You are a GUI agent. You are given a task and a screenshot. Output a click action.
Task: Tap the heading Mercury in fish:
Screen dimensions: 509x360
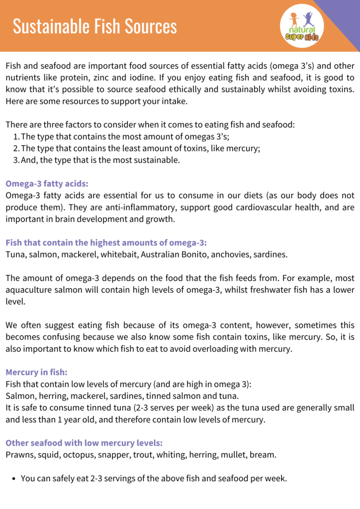[x=37, y=371]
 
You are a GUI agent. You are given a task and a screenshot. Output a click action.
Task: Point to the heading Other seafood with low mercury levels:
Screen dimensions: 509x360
[x=84, y=442]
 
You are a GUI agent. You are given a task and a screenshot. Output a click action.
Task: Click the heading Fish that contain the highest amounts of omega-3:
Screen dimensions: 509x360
[x=106, y=243]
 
